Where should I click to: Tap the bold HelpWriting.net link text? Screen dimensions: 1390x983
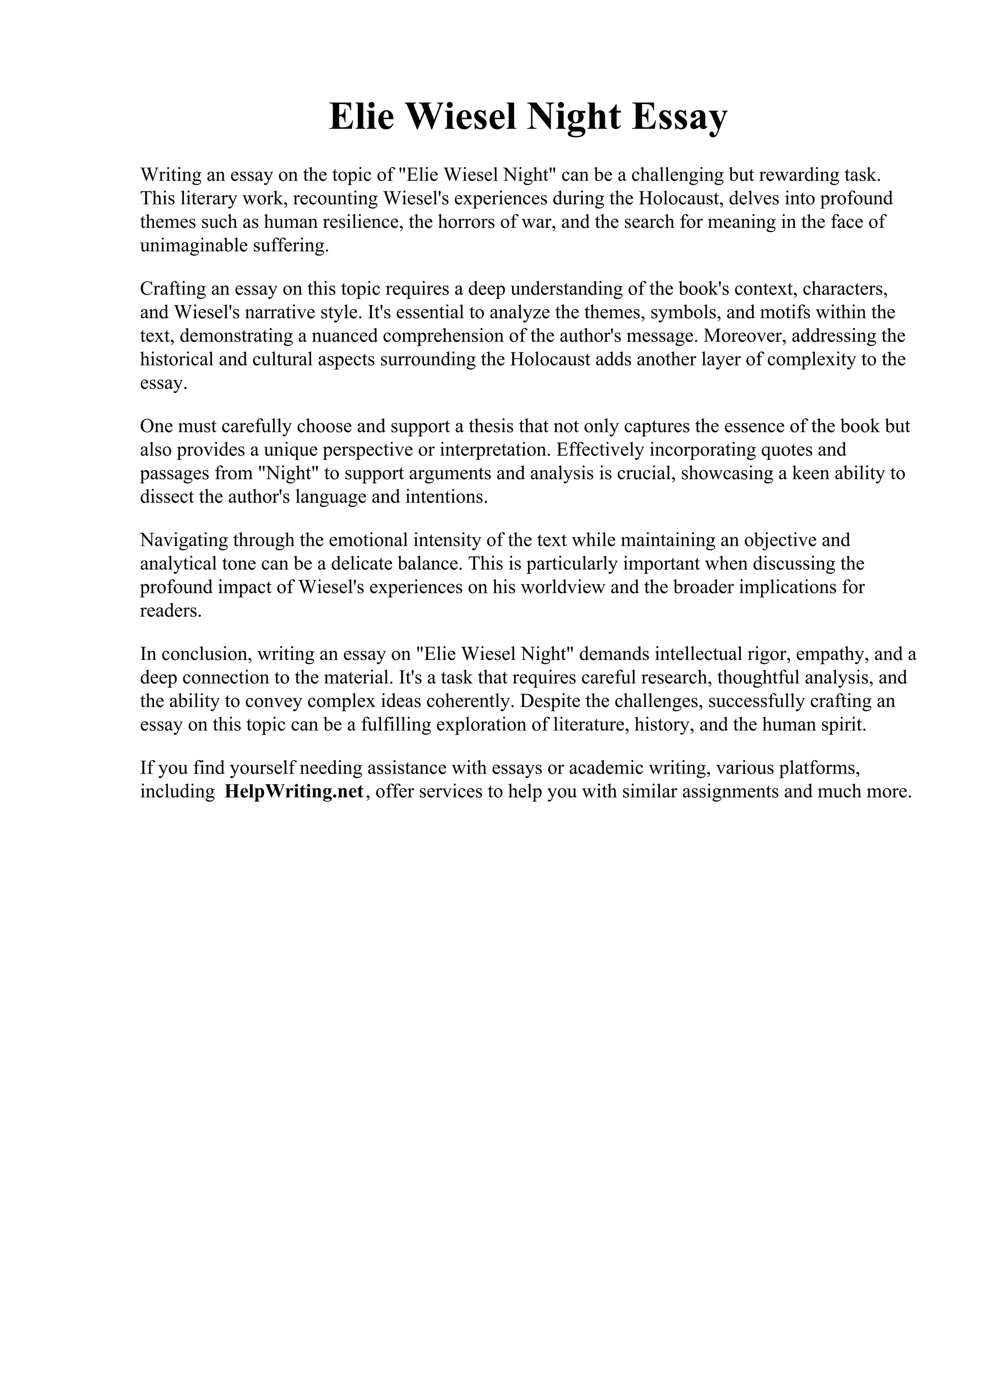pos(294,792)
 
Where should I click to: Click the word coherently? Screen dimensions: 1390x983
pos(470,701)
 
